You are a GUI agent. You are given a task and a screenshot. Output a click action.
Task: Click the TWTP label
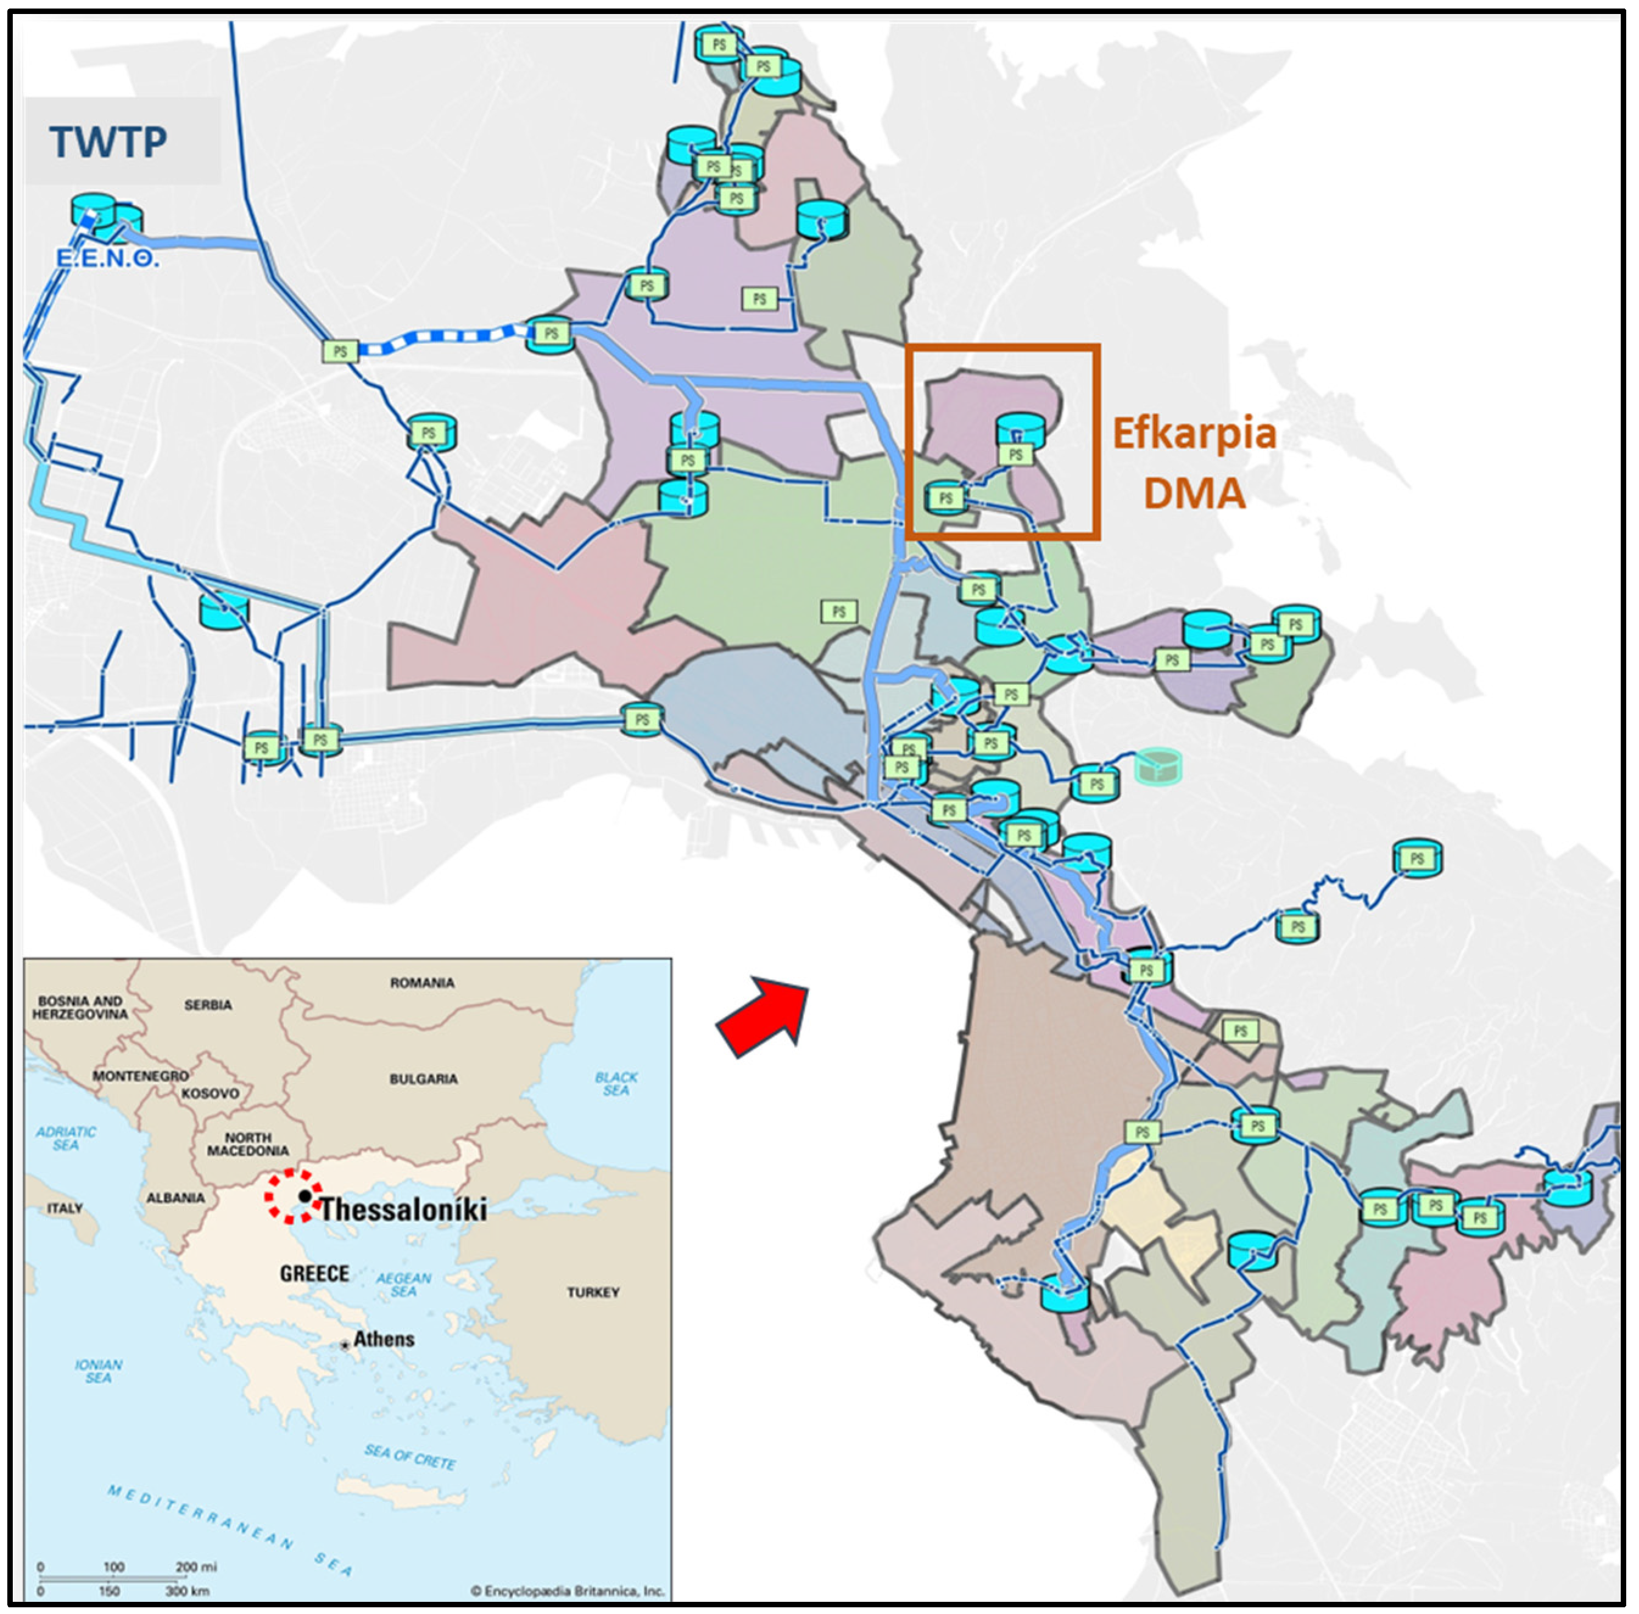pyautogui.click(x=108, y=142)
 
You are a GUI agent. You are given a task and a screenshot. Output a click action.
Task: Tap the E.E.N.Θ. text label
pyautogui.click(x=108, y=259)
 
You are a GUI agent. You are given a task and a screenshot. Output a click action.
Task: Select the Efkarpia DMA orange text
pyautogui.click(x=1194, y=463)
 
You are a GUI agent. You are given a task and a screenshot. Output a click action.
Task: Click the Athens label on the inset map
pyautogui.click(x=383, y=1339)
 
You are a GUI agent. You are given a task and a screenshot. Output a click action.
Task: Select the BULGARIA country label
pyautogui.click(x=423, y=1079)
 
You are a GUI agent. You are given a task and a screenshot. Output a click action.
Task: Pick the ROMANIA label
pyautogui.click(x=421, y=983)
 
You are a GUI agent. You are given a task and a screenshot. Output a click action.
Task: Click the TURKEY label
pyautogui.click(x=593, y=1292)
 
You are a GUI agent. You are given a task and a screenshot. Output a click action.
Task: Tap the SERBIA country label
pyautogui.click(x=208, y=1005)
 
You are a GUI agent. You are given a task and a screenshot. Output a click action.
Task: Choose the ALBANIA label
pyautogui.click(x=175, y=1198)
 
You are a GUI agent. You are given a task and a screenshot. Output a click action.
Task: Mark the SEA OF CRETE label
pyautogui.click(x=411, y=1457)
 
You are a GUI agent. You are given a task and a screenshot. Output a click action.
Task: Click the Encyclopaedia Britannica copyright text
pyautogui.click(x=567, y=1590)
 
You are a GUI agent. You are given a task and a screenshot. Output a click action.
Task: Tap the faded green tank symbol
pyautogui.click(x=1157, y=767)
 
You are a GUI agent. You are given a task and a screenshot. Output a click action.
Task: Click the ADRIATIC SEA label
pyautogui.click(x=66, y=1138)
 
